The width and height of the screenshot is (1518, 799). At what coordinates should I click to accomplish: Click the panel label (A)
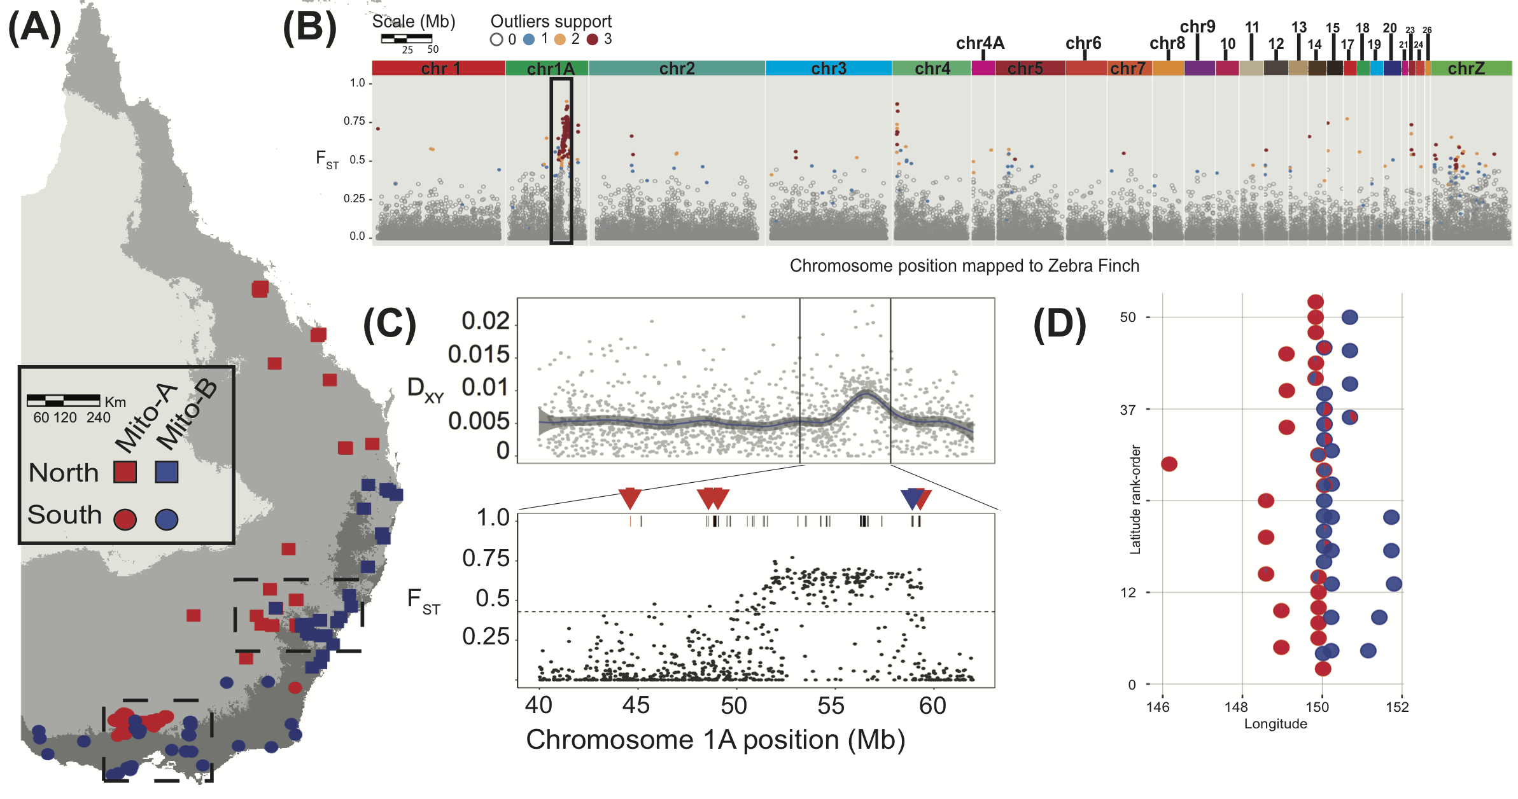[x=34, y=29]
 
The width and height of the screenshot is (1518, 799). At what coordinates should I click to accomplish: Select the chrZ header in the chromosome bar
[x=1466, y=69]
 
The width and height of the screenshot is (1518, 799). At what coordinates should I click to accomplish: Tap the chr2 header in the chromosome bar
[x=677, y=69]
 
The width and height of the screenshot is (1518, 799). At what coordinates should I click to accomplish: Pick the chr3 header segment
[x=828, y=69]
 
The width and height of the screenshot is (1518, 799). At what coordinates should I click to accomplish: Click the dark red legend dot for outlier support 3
[x=593, y=39]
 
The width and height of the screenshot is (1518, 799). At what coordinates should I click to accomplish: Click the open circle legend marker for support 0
[x=496, y=39]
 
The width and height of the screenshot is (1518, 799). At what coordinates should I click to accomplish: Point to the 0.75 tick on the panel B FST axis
[x=354, y=121]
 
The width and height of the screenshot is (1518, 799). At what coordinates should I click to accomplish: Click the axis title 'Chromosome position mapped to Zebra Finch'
[x=964, y=266]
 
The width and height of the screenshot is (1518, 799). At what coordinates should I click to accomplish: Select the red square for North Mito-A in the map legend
[x=125, y=472]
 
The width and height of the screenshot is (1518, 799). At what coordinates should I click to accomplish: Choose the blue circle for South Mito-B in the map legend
[x=167, y=520]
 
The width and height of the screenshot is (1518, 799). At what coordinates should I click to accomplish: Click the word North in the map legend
[x=64, y=473]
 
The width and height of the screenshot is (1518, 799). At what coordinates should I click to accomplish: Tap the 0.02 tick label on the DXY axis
[x=486, y=321]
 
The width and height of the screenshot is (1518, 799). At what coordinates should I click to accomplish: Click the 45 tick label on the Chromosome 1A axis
[x=636, y=705]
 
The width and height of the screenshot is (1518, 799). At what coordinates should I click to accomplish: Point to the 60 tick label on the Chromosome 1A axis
[x=932, y=705]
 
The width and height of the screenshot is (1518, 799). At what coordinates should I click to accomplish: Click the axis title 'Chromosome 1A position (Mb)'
[x=715, y=740]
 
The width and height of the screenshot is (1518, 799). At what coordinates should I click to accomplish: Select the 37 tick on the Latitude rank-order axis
[x=1127, y=410]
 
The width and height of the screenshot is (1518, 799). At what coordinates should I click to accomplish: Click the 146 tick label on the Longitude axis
[x=1158, y=707]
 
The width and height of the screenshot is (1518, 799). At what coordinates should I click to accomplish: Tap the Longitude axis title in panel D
[x=1276, y=724]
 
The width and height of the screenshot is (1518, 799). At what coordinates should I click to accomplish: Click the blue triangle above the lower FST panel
[x=913, y=498]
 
